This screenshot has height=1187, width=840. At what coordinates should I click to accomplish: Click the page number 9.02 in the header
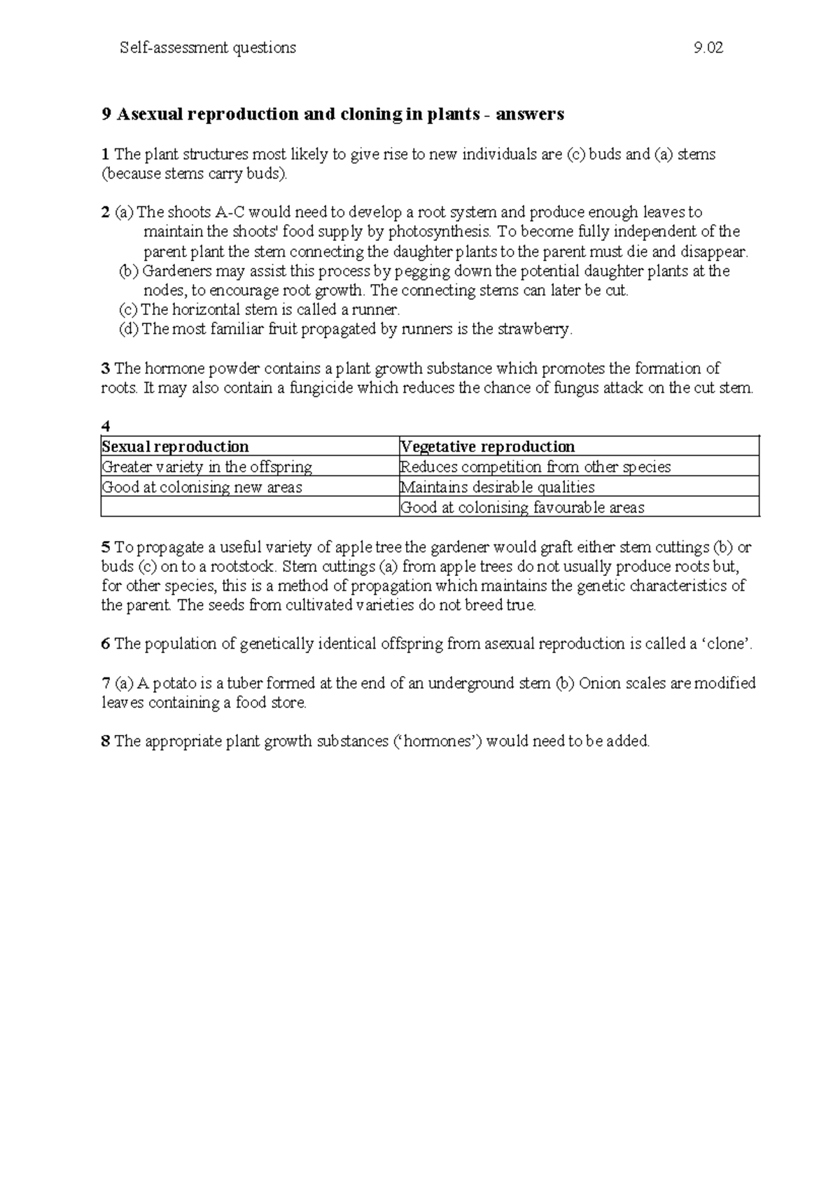pos(708,48)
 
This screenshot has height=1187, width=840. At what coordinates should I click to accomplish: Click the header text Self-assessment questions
pos(208,48)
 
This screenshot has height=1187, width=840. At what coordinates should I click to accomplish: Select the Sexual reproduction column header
pos(175,447)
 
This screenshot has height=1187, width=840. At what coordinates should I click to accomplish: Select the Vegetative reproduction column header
pos(487,447)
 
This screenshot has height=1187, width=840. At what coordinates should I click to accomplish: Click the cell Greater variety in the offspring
pos(207,467)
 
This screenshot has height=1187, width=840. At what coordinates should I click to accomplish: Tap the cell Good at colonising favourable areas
pos(521,507)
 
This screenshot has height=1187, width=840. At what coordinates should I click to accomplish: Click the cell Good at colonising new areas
pos(202,487)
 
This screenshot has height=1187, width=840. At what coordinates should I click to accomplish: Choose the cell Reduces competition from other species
pos(535,467)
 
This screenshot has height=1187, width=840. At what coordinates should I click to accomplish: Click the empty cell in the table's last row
pos(249,507)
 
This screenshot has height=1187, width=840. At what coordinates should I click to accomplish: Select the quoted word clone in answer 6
pos(727,644)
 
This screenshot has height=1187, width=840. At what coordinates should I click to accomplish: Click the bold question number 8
pos(105,741)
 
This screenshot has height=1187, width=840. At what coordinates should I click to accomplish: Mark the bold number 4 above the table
pos(105,427)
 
